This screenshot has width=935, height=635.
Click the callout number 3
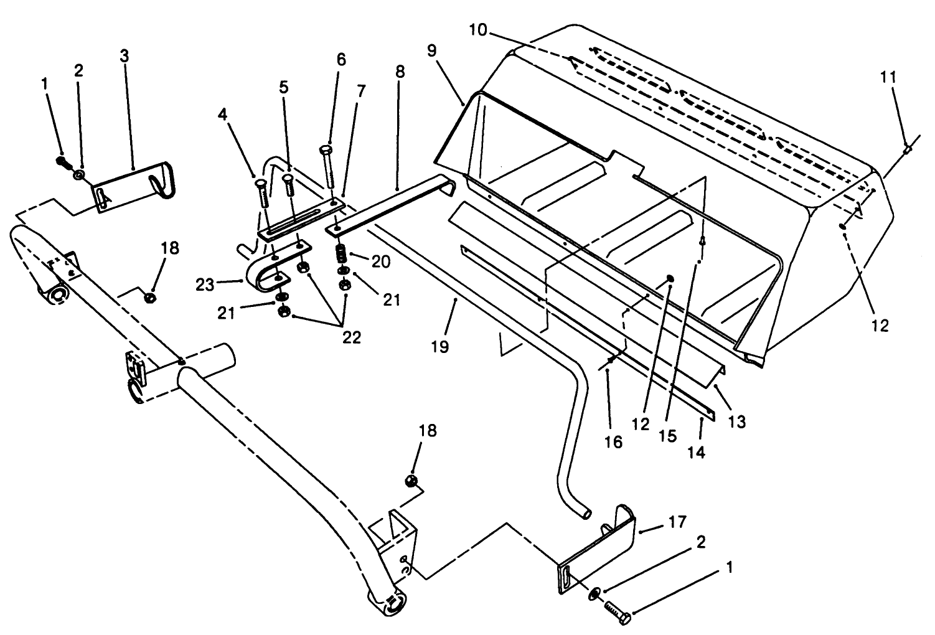coord(125,55)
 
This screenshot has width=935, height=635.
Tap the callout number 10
coord(480,30)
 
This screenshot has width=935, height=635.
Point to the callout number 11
coord(888,77)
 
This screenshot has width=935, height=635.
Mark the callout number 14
coord(697,453)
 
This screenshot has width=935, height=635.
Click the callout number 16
coord(613,442)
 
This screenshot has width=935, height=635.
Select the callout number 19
coord(440,346)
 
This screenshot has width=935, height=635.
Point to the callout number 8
coord(400,72)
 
